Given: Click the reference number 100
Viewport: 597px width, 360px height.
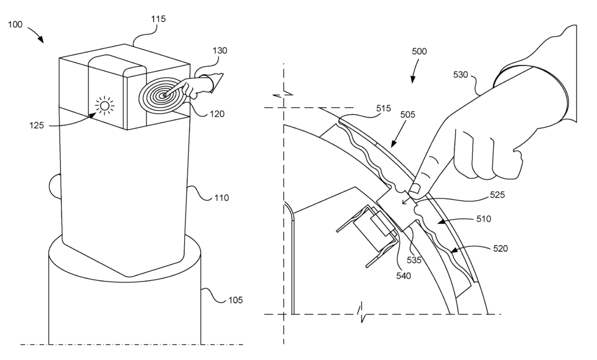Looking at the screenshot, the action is (x=15, y=24).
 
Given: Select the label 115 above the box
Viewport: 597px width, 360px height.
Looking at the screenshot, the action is (x=159, y=19).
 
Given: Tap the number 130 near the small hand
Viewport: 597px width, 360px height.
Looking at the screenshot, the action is (x=220, y=51).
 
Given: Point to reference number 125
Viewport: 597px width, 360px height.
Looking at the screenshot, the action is (x=37, y=125).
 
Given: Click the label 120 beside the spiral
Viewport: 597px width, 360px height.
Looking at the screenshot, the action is (x=217, y=114).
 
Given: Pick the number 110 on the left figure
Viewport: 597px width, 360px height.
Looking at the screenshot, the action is (x=222, y=198).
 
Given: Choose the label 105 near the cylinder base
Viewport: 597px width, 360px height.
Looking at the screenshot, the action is (x=236, y=300).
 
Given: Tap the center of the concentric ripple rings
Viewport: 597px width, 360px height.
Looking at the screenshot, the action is (x=164, y=95).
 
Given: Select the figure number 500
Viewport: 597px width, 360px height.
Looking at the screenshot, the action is (x=419, y=51).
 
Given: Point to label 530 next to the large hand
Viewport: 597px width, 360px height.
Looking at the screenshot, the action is (x=461, y=75).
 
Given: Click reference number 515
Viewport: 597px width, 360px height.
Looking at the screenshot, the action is (x=384, y=108).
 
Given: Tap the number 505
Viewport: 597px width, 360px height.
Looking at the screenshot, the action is (x=408, y=115).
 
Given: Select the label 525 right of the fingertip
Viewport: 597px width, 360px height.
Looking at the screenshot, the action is (x=497, y=195).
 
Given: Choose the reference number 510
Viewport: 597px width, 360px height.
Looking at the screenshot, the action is (x=483, y=219).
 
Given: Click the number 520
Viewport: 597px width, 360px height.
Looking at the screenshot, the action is (x=500, y=249).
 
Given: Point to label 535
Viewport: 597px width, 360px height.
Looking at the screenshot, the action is (x=415, y=260).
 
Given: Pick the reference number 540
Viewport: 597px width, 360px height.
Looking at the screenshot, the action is (x=403, y=276).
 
